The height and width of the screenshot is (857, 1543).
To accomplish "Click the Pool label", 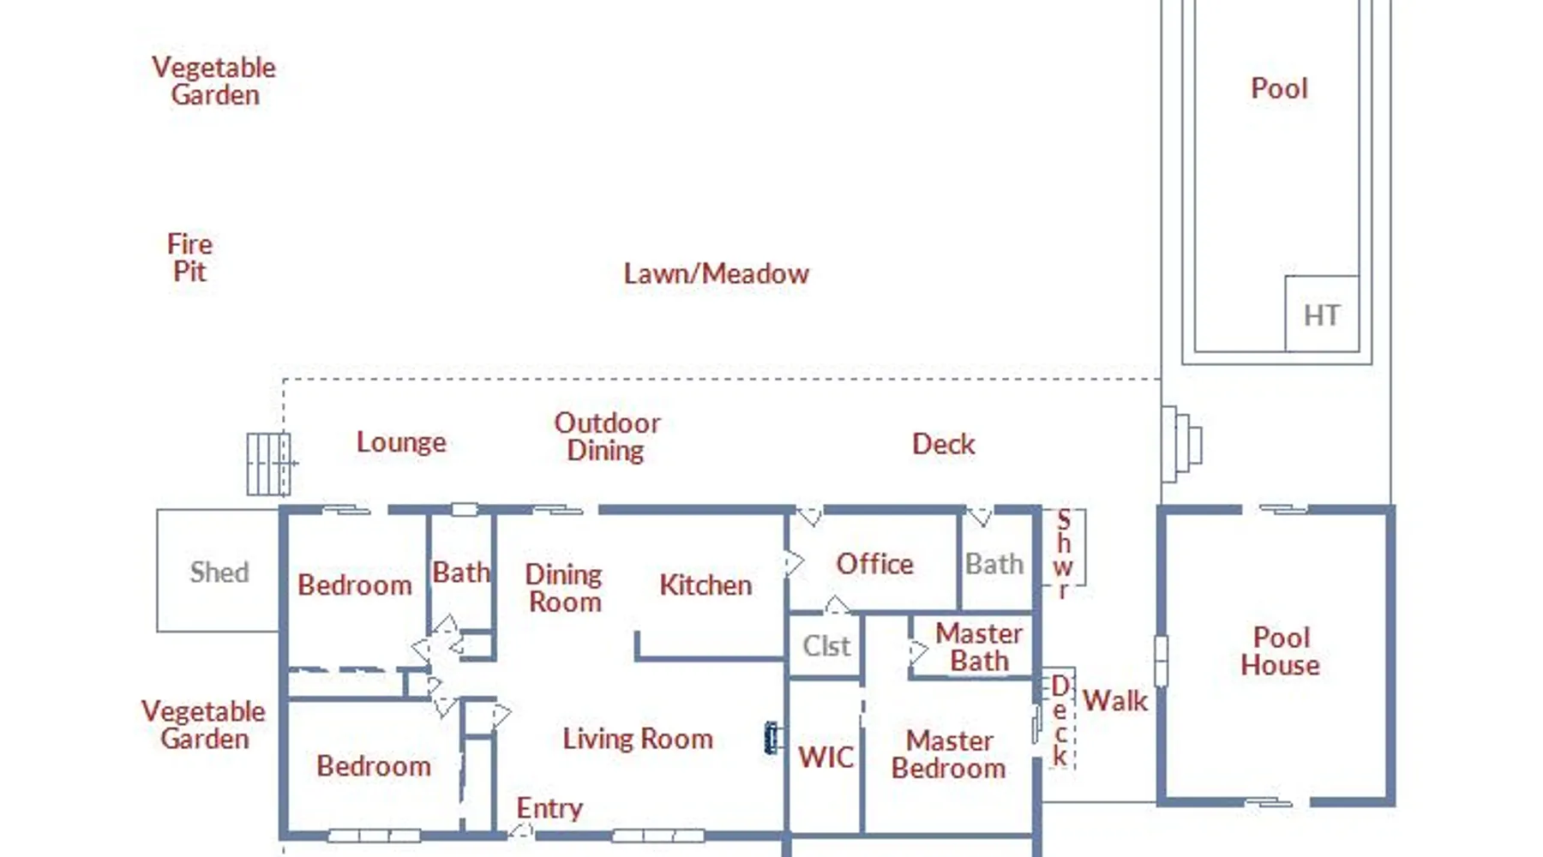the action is [1279, 88].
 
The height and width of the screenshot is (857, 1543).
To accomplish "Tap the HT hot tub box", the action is [1321, 314].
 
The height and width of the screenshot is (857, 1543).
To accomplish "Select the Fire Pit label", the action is [189, 257].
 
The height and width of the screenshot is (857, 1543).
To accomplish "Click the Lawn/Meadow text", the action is [716, 273].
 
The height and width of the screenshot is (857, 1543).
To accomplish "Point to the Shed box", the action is [218, 571].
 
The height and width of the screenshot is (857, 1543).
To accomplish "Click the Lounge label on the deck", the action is [401, 442].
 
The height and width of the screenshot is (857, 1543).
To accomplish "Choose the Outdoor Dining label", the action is [607, 436].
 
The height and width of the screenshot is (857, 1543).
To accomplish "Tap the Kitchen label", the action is [705, 585].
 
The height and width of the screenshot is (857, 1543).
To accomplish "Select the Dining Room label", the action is [564, 588].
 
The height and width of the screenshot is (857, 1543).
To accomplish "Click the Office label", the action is [874, 564].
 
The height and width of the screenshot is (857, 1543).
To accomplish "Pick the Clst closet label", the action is [826, 645].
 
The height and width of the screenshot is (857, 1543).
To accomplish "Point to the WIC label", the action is [826, 758].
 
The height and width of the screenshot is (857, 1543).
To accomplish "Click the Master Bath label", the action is [979, 647].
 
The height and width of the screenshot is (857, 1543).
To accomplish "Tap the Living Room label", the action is [638, 739].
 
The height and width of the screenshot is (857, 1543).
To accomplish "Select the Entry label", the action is [549, 808].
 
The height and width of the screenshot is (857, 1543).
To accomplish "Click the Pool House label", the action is [1281, 651].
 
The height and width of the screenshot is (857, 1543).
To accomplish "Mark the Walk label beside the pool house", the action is [1114, 701].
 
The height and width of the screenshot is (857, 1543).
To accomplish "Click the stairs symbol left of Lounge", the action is [269, 464].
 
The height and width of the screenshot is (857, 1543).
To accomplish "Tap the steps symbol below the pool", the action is [1181, 444].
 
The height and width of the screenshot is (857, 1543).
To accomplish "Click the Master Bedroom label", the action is [949, 754].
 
